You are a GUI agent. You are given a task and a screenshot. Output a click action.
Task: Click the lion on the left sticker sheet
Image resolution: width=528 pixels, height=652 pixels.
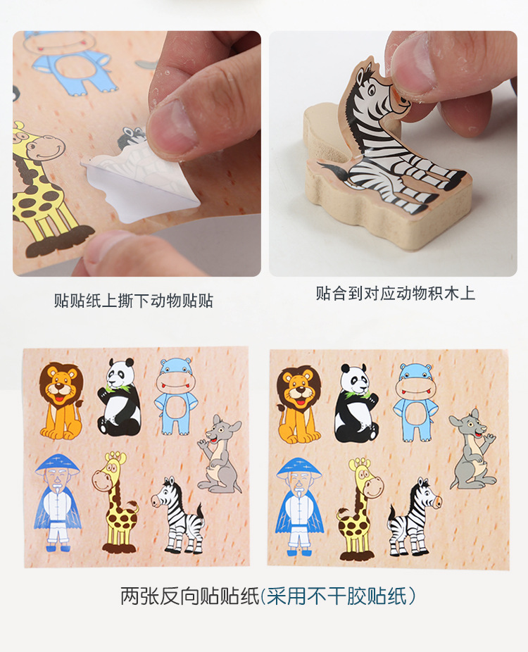coord(61,401)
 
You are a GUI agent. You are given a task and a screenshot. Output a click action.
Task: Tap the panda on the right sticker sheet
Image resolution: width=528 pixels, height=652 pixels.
coord(357,403)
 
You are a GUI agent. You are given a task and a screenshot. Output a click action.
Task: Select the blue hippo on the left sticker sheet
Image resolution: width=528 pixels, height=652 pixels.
coord(176,396)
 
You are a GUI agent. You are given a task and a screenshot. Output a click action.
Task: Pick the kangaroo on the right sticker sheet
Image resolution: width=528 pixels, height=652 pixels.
coord(472,449)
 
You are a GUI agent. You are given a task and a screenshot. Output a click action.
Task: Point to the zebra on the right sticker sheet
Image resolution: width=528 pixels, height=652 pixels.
coord(414,518)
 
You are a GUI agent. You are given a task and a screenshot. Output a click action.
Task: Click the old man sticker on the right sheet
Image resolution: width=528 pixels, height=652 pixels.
coord(300,506)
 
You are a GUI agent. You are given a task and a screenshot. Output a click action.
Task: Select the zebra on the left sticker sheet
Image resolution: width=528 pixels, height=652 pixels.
coord(178,515)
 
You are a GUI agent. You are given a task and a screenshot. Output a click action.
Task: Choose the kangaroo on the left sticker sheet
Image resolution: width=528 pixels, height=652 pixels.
coord(219,453)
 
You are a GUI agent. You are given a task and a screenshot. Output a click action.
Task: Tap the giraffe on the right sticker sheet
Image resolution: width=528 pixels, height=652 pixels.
coord(360,508)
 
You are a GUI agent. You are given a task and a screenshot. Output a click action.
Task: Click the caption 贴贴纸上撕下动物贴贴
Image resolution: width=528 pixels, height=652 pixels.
coord(133,300)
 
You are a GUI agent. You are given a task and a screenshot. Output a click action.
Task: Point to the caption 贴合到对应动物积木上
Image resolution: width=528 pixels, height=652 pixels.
coord(395,293)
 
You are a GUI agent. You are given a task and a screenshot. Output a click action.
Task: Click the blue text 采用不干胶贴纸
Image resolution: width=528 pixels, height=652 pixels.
coord(336,596)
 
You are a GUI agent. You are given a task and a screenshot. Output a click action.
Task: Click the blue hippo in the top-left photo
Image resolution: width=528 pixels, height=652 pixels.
coord(70,63)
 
